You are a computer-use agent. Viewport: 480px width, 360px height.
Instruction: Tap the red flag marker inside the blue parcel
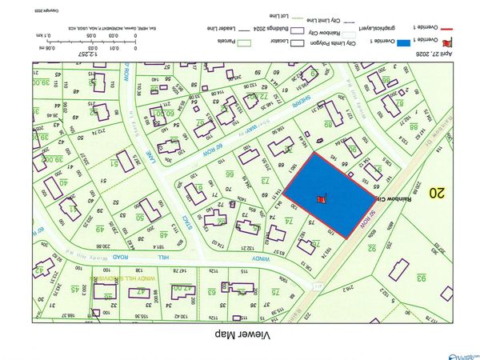point(322,198)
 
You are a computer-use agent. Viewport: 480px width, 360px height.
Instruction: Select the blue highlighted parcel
point(328,192)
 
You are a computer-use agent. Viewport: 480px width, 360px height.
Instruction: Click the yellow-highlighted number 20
point(436,192)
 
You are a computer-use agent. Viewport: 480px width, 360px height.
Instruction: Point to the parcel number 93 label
point(418,278)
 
